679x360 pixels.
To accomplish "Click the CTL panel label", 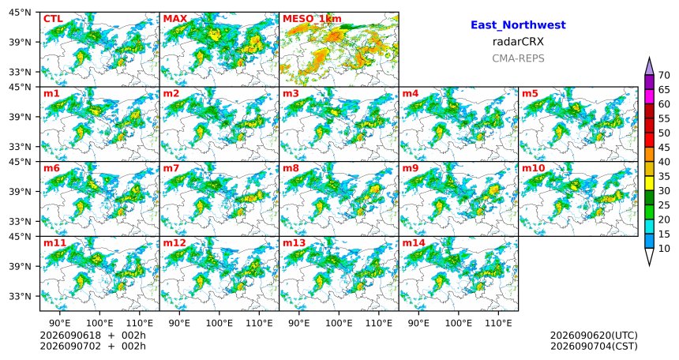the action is tap(53, 19).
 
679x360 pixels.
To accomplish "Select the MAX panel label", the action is tap(175, 19).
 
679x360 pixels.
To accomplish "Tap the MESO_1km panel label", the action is tap(312, 19).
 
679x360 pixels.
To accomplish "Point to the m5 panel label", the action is tap(530, 94).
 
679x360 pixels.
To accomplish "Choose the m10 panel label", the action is tap(533, 168).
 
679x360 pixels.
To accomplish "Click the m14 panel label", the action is tap(414, 243).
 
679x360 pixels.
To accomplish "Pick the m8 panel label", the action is tap(291, 168).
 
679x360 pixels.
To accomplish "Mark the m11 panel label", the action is tap(54, 243).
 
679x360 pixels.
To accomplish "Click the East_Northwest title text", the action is tap(518, 25).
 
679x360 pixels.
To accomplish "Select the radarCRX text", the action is tap(518, 42).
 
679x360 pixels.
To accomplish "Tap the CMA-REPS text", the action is tap(518, 58).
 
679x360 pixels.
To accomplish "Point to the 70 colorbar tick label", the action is tap(664, 75).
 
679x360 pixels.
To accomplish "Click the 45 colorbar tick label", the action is tap(664, 148).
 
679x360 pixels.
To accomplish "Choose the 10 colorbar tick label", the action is tap(664, 248).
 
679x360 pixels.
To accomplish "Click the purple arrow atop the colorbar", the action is tap(649, 67).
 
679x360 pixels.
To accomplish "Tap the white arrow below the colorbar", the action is tap(649, 257).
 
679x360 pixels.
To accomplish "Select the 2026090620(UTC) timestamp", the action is tap(594, 336).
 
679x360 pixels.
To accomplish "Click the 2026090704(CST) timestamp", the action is tap(594, 346).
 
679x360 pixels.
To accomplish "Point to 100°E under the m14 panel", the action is tap(458, 323).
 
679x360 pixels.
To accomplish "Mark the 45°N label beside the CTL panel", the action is tap(20, 13).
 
